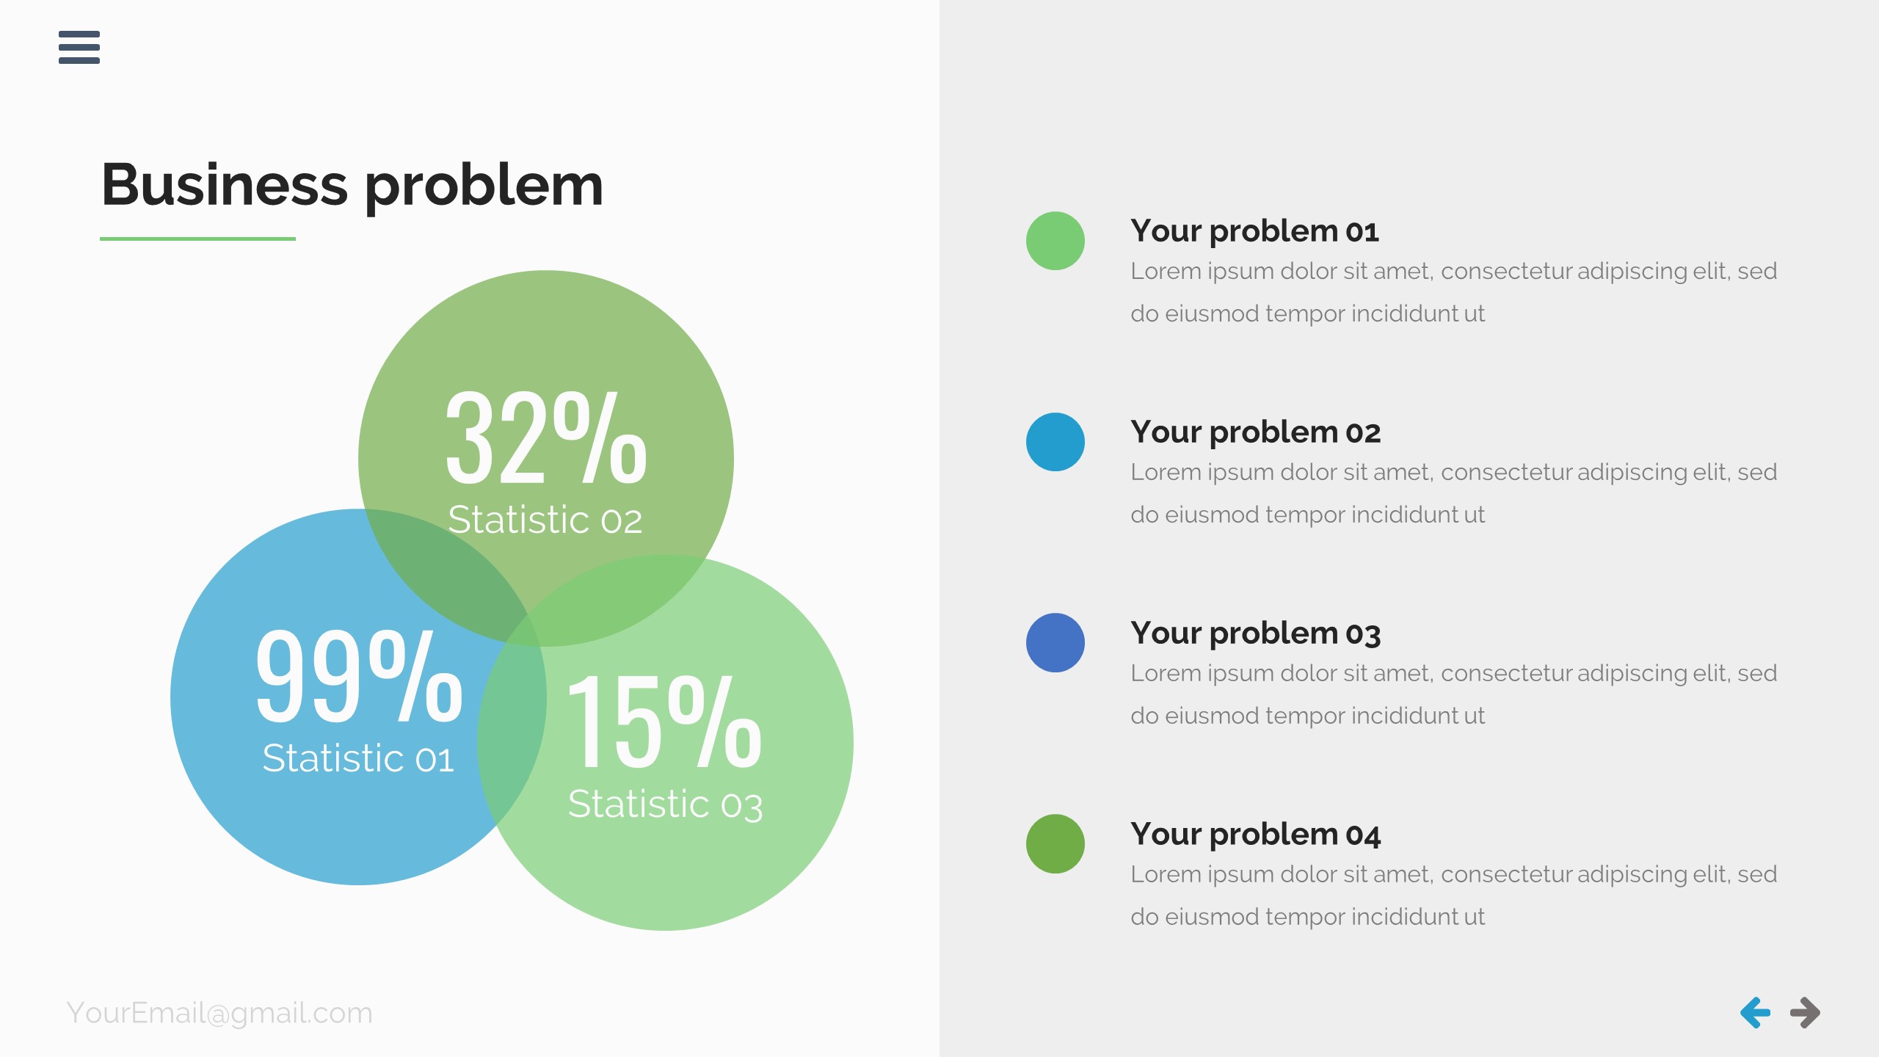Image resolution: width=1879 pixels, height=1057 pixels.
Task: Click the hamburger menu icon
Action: [x=79, y=47]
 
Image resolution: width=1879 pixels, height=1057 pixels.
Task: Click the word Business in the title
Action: [x=224, y=185]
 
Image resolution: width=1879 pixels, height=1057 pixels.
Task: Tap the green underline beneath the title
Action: [x=197, y=239]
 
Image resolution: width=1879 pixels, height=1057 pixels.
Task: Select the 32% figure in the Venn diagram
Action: [x=546, y=439]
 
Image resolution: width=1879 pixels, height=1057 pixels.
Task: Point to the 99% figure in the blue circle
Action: [x=358, y=677]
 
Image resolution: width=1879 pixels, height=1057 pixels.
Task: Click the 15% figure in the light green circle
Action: [x=664, y=723]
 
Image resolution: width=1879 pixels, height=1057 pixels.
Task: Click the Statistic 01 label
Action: [x=358, y=758]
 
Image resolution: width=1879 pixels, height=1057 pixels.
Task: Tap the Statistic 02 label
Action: [x=545, y=520]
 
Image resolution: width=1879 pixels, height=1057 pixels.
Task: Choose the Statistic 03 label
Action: [x=665, y=804]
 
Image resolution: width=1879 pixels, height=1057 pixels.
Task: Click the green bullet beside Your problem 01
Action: [x=1055, y=241]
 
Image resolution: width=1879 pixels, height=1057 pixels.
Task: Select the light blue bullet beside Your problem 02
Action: [x=1055, y=442]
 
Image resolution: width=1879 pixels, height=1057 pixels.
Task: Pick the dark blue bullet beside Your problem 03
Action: [x=1055, y=643]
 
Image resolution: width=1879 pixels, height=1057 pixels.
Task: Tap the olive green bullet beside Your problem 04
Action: [x=1055, y=844]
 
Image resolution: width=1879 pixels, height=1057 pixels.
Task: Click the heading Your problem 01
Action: [x=1254, y=231]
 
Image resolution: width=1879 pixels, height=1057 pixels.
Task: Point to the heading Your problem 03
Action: [x=1255, y=633]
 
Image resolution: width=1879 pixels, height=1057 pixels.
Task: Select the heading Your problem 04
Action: [x=1255, y=835]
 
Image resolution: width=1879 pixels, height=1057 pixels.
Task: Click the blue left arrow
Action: [x=1755, y=1013]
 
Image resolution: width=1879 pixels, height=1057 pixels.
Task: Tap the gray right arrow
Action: [x=1805, y=1013]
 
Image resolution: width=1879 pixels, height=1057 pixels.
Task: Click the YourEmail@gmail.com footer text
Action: [x=219, y=1013]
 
